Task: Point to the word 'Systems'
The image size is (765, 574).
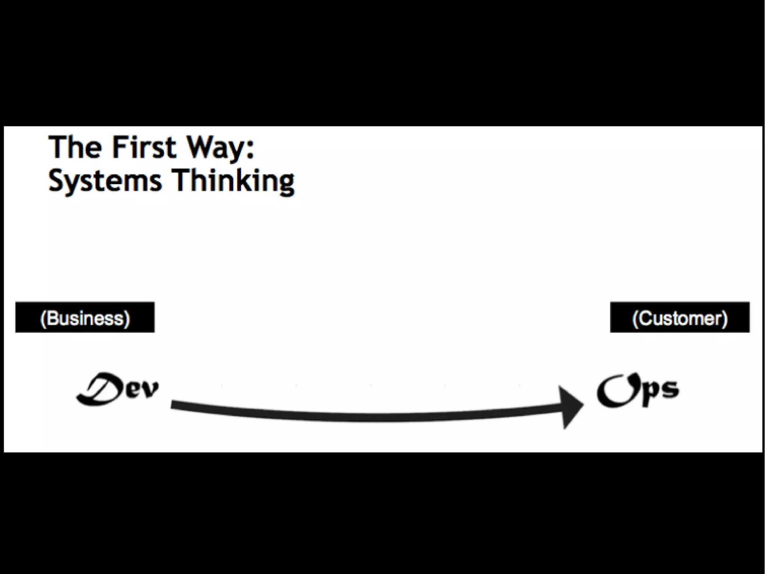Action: coord(105,181)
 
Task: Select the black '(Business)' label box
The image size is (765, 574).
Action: coord(85,317)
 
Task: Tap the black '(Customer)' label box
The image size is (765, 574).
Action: coord(679,317)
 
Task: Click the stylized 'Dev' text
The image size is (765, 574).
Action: coord(117,389)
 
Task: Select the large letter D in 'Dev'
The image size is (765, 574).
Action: coord(99,389)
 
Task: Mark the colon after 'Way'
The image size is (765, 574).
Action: coord(250,150)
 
